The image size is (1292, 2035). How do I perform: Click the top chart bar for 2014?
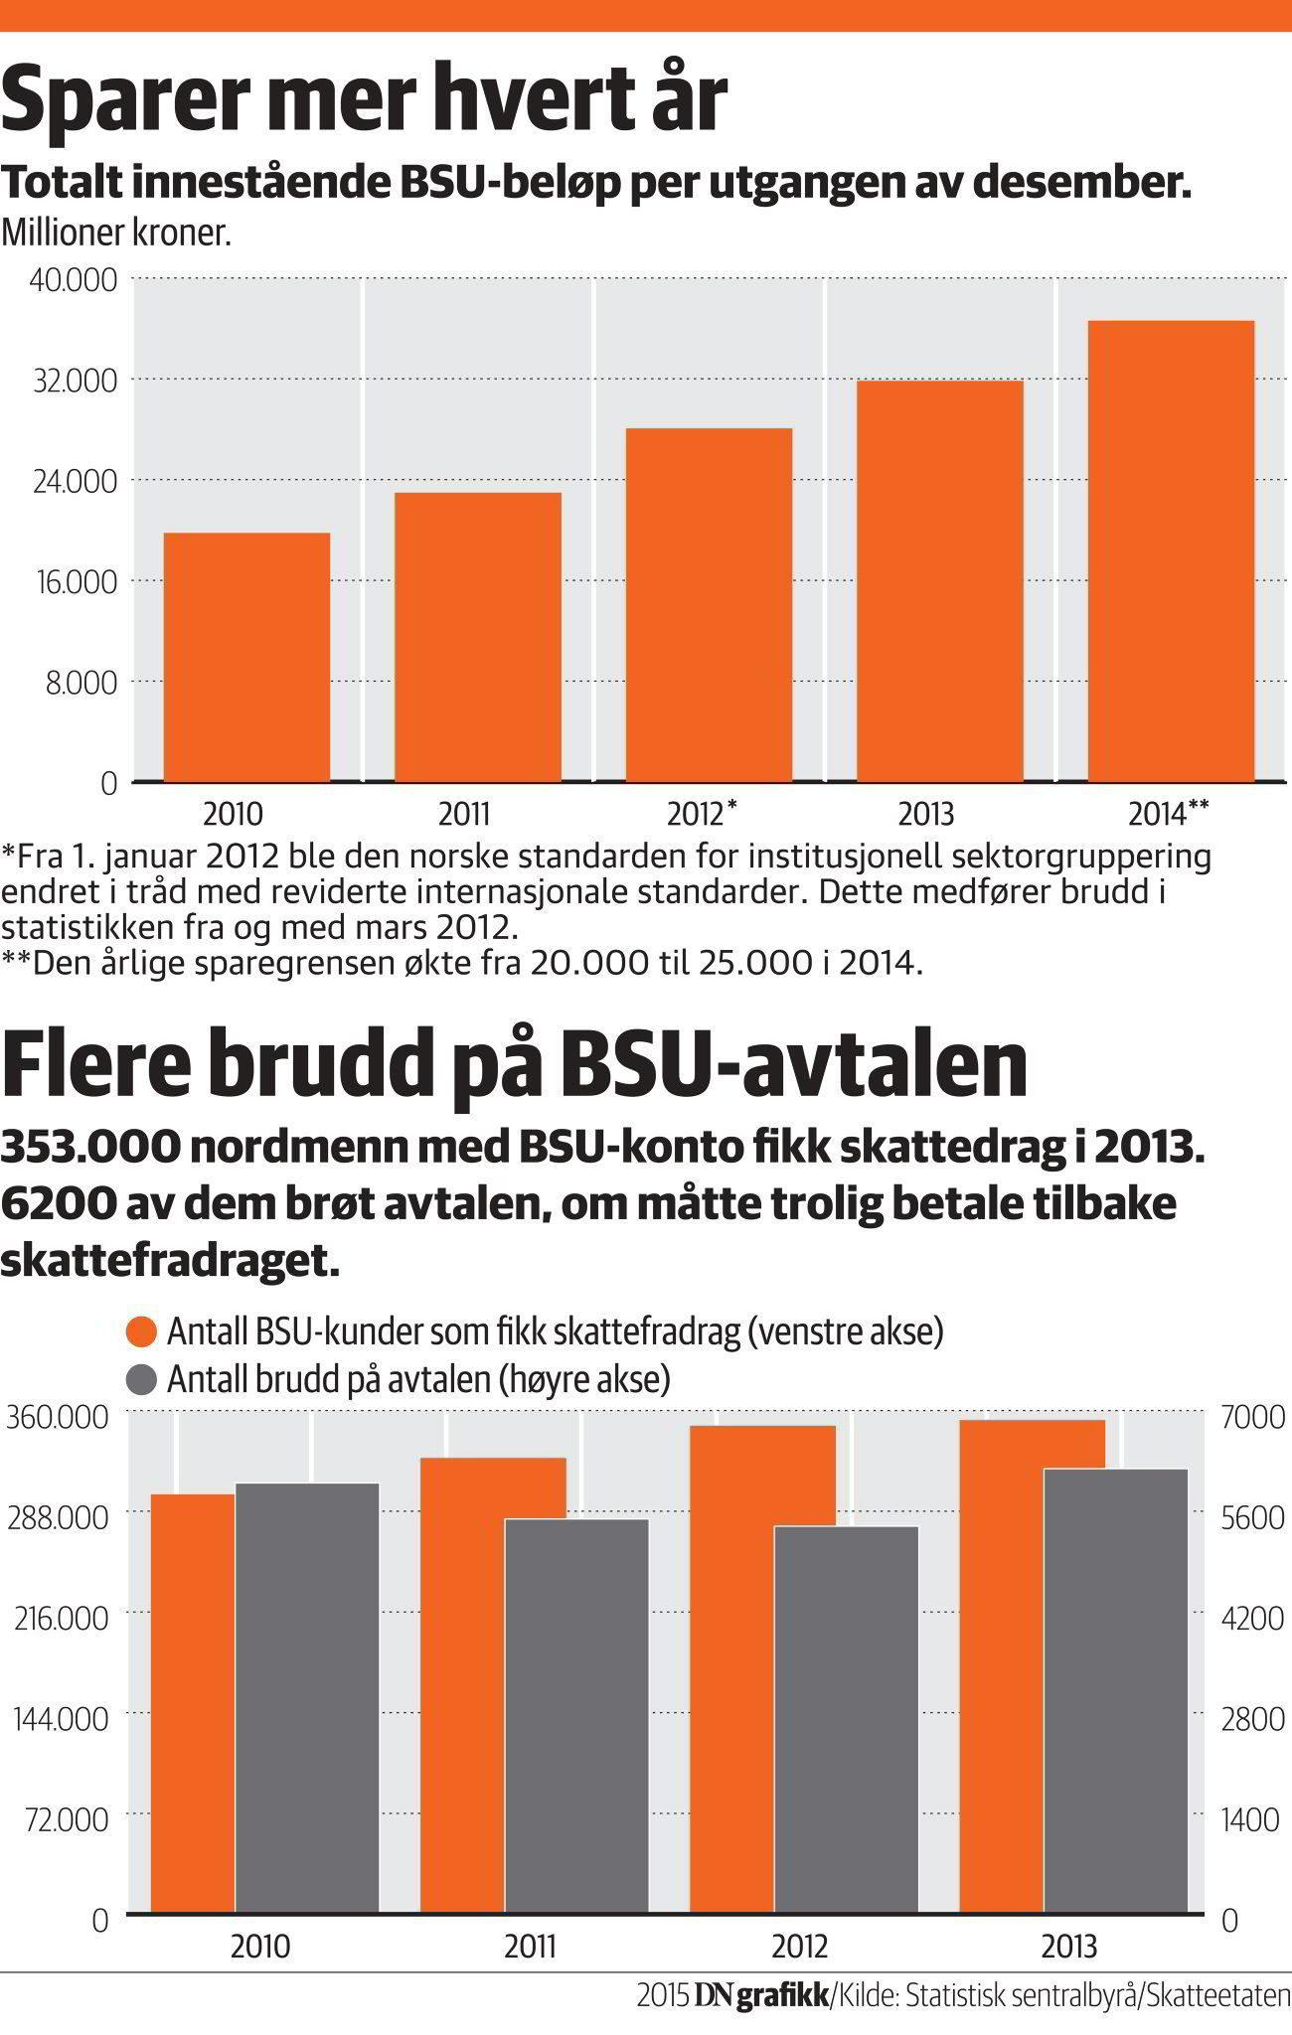coord(1171,551)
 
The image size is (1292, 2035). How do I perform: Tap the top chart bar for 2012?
coord(709,604)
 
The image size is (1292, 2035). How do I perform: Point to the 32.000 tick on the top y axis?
coord(75,380)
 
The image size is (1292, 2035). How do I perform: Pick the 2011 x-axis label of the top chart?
coord(464,815)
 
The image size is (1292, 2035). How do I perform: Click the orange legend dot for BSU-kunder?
coord(143,1333)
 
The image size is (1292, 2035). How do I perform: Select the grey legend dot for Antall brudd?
coord(143,1379)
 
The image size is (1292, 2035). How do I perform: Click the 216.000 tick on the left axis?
coord(59,1620)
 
